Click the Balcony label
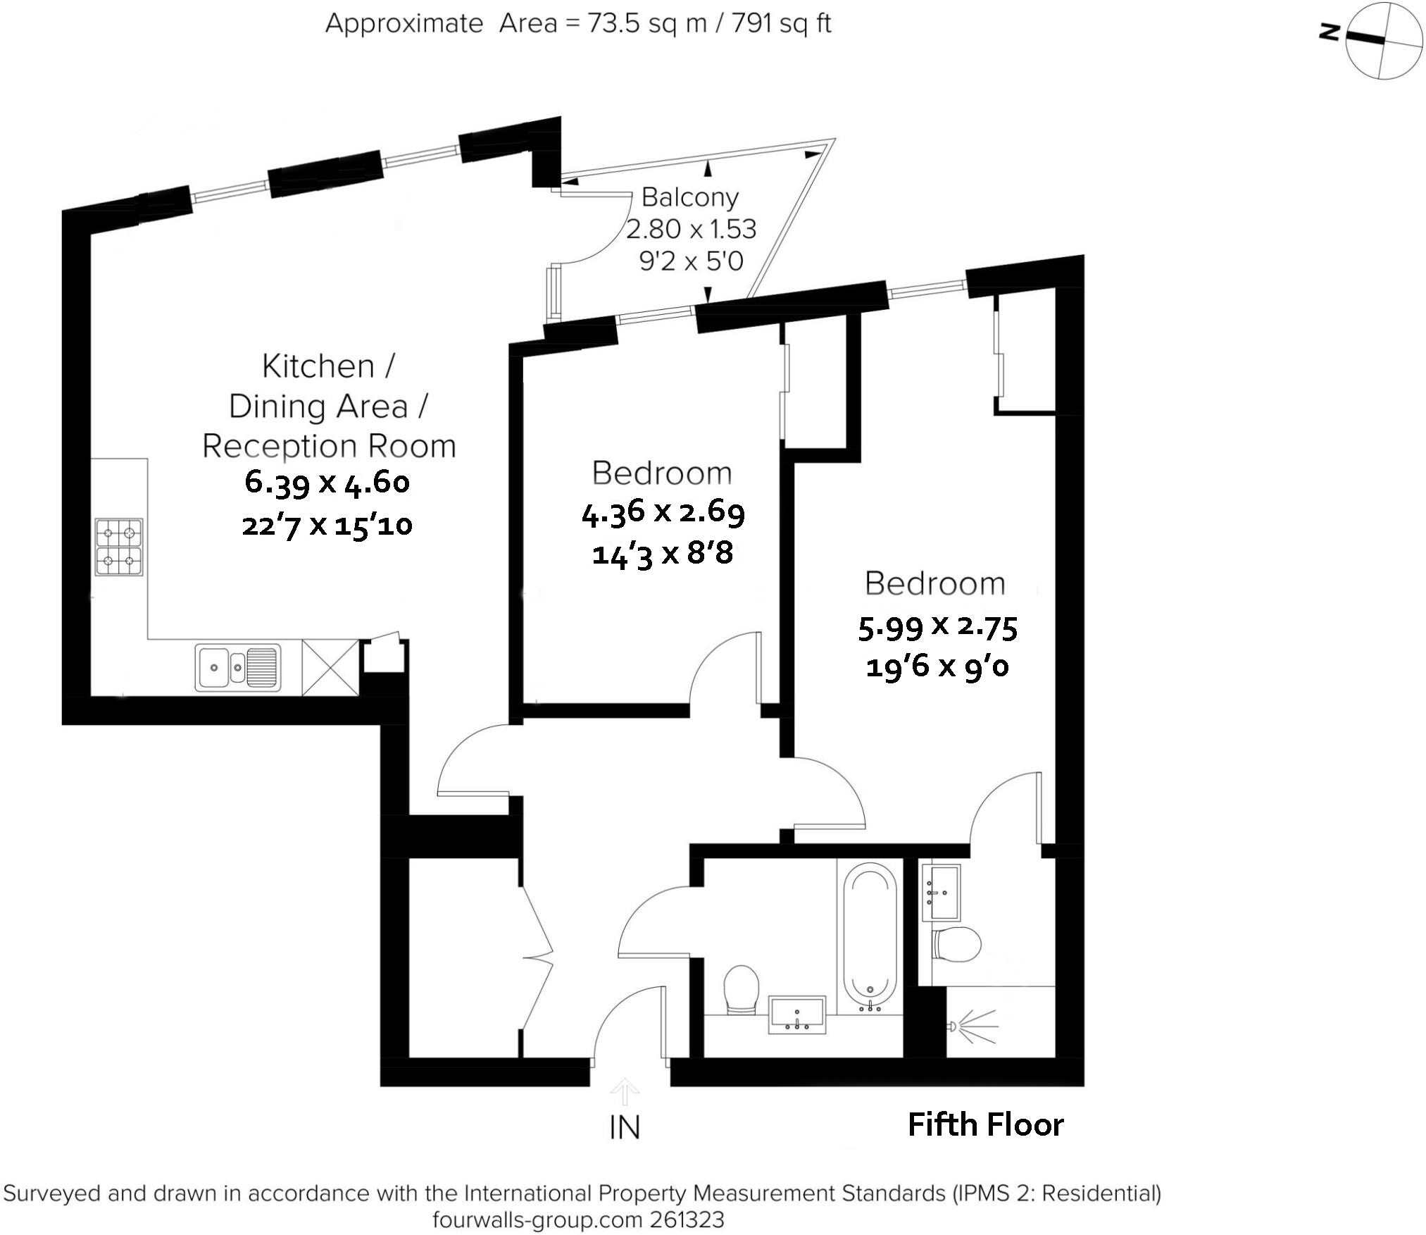click(x=689, y=197)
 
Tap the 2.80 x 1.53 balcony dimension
click(x=691, y=229)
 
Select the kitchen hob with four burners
click(x=119, y=547)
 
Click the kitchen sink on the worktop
click(x=238, y=666)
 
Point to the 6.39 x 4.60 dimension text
click(x=327, y=483)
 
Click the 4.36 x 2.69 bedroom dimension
click(x=663, y=512)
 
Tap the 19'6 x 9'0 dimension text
click(x=937, y=666)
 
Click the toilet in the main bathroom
click(x=741, y=989)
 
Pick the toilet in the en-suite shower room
click(x=956, y=943)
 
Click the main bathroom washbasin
click(x=796, y=1015)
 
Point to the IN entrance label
click(x=625, y=1128)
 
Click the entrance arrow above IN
click(x=625, y=1092)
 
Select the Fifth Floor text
click(x=984, y=1124)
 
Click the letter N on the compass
click(x=1328, y=32)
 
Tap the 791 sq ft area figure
click(x=782, y=24)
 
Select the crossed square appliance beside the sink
click(x=330, y=667)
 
